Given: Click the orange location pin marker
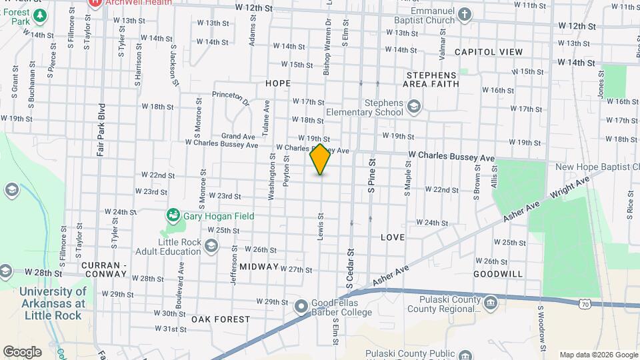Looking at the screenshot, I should tap(321, 159).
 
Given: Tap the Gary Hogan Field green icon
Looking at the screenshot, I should tap(173, 215).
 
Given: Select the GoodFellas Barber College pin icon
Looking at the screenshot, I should tap(301, 307).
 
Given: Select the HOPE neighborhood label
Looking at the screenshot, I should tap(278, 83).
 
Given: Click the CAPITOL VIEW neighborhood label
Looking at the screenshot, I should tap(489, 51).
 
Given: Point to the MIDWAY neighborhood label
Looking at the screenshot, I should tap(259, 267).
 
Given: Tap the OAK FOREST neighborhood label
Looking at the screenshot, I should tap(220, 319).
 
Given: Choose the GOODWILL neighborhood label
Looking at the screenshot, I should tap(498, 274).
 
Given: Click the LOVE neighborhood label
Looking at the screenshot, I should tap(393, 237).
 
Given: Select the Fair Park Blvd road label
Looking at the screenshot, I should tap(101, 129).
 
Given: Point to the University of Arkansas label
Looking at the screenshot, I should tap(53, 303).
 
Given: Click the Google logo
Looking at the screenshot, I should tap(22, 351).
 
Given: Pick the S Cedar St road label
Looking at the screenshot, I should tap(349, 269).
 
